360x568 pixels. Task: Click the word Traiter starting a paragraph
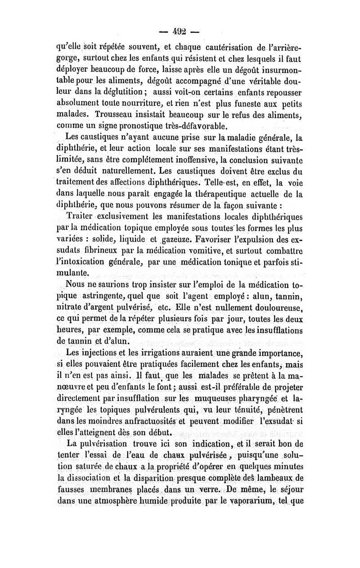[81, 215]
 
